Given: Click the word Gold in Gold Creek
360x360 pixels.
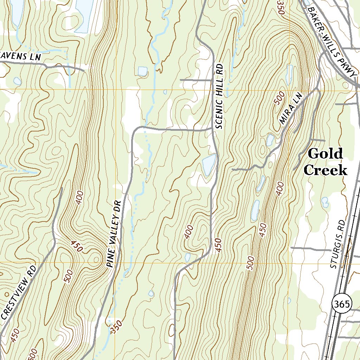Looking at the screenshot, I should pyautogui.click(x=325, y=154).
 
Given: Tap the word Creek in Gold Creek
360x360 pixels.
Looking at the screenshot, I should pyautogui.click(x=325, y=171).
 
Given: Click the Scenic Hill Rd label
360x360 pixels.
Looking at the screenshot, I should pyautogui.click(x=219, y=96).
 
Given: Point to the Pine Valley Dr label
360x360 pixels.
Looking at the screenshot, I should pyautogui.click(x=114, y=234).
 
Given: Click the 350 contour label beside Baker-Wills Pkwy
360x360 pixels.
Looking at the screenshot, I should pyautogui.click(x=280, y=7).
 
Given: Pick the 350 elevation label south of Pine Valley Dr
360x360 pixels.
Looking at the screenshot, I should pyautogui.click(x=115, y=328).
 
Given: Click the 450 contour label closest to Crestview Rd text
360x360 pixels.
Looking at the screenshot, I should pyautogui.click(x=15, y=335).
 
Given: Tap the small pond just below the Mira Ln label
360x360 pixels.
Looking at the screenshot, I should pyautogui.click(x=270, y=140).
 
